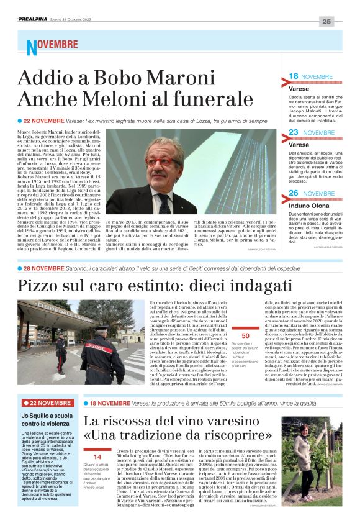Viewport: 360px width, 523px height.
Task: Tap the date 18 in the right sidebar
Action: [x=294, y=76]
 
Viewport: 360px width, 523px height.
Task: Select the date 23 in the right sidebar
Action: [x=294, y=132]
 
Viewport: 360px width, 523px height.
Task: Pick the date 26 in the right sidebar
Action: [x=294, y=193]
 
